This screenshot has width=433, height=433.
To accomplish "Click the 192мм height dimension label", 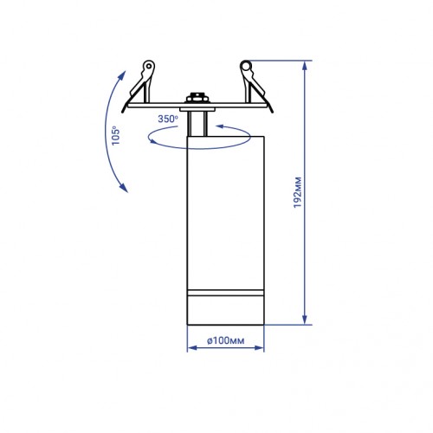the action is [x=297, y=192].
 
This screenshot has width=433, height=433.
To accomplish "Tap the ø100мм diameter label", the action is [x=226, y=340].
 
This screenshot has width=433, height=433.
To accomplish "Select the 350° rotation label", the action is [x=168, y=119].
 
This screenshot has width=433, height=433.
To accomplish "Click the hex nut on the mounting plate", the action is [x=197, y=98].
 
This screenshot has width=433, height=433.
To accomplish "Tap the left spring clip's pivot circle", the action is [x=149, y=66].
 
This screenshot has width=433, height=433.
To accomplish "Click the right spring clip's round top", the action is [x=246, y=66].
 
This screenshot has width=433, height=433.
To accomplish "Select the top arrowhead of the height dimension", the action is [x=304, y=66].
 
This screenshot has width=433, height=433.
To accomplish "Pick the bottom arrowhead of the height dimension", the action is [x=304, y=319].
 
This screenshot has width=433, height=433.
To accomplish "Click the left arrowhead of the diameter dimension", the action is [x=192, y=348].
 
